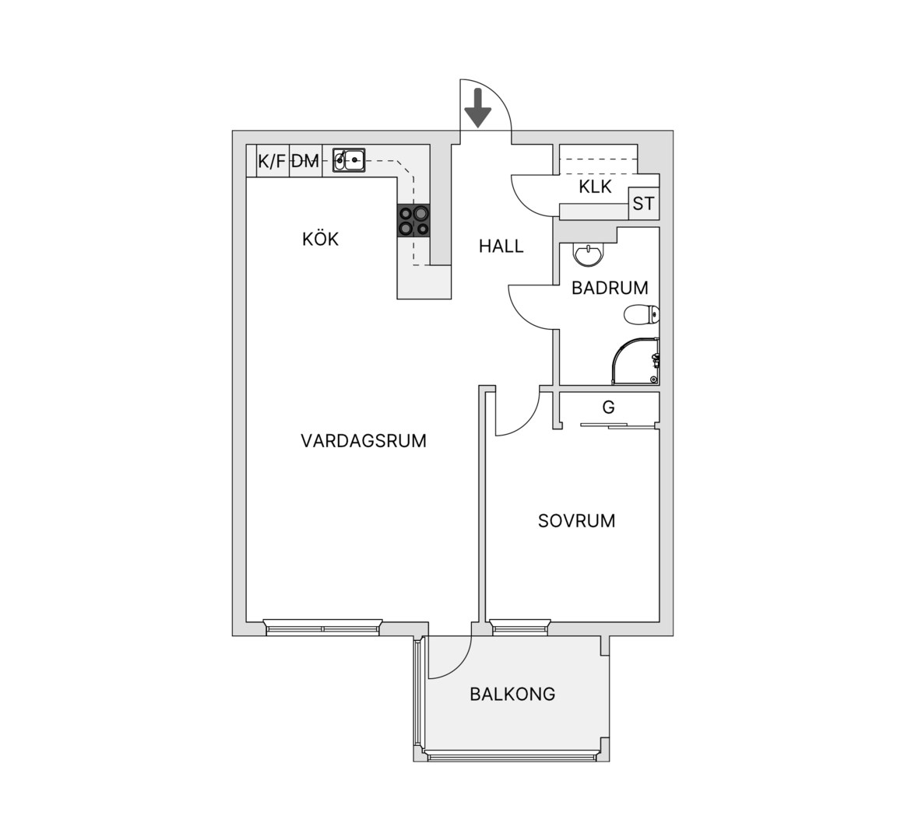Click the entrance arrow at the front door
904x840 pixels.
tap(478, 108)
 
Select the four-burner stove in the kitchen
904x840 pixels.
tap(413, 221)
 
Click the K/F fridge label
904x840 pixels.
tap(272, 161)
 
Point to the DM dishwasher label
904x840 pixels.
tap(305, 161)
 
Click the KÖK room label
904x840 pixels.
tap(321, 238)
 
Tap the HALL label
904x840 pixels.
tap(501, 247)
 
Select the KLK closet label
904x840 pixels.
tap(595, 187)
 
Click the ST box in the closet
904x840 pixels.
tap(643, 203)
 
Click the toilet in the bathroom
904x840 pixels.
tap(642, 314)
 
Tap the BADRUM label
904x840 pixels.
tap(610, 288)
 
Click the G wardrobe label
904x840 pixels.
tap(608, 408)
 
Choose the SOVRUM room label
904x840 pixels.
tap(576, 521)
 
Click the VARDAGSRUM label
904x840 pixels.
tap(364, 441)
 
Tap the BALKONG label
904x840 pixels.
tap(512, 695)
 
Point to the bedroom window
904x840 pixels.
tap(519, 627)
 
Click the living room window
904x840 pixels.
tap(323, 627)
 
